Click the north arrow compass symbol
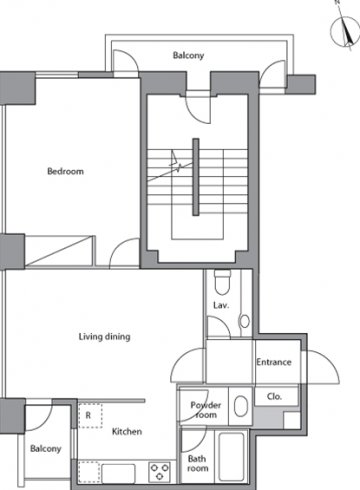[345, 31]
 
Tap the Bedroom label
[66, 171]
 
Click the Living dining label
[104, 337]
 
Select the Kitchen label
[127, 431]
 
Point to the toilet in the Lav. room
[222, 282]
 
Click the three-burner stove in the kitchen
[160, 472]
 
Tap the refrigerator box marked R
[90, 415]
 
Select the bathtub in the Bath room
[231, 456]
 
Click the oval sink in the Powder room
[241, 406]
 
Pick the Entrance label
[274, 362]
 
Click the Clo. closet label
[274, 396]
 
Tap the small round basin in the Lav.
[244, 321]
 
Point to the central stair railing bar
[196, 177]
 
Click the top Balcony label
[188, 55]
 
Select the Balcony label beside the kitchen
[46, 448]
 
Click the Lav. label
[221, 305]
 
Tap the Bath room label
[198, 463]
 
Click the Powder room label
[206, 410]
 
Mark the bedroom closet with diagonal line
[60, 251]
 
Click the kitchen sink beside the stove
[118, 473]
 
